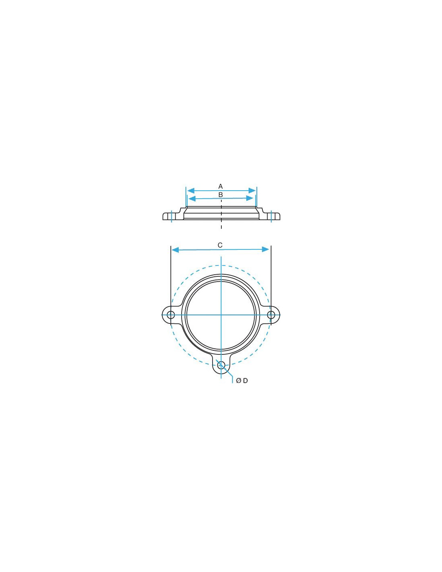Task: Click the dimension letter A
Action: point(220,186)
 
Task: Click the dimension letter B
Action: point(221,195)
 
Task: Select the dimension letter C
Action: point(220,245)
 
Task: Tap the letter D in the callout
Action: point(246,381)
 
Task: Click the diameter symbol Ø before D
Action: point(239,381)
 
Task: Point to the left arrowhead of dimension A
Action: point(190,190)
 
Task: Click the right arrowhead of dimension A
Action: point(252,190)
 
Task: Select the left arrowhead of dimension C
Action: point(175,250)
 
